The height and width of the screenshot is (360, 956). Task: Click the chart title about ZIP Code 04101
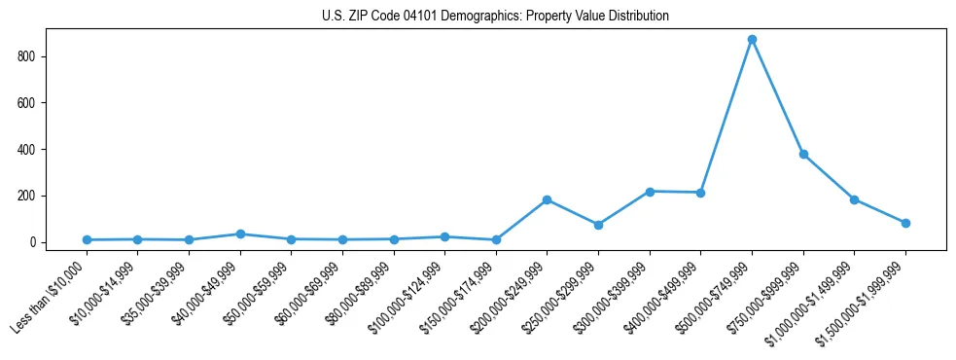(495, 16)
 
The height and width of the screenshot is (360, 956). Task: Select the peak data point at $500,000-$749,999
(752, 40)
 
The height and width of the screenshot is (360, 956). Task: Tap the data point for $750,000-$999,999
(803, 154)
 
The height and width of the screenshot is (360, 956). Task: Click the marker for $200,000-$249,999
(548, 199)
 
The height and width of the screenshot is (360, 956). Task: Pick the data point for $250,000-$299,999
(598, 225)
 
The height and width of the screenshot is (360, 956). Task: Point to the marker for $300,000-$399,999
(650, 192)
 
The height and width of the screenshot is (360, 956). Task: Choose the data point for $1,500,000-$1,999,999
(905, 223)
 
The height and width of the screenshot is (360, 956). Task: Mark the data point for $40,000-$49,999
(240, 234)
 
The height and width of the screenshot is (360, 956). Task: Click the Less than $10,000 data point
(88, 239)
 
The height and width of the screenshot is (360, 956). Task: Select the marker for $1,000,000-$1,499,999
(854, 199)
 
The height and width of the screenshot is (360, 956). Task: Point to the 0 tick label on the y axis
(33, 242)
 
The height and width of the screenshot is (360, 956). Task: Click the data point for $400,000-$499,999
(700, 193)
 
